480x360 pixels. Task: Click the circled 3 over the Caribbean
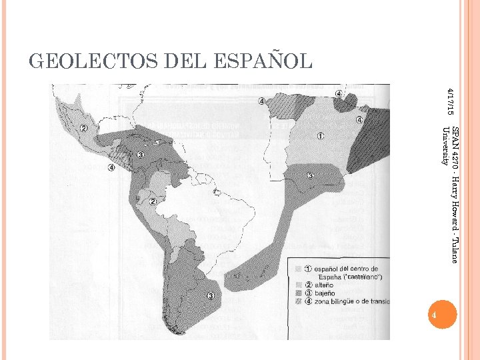coord(141,155)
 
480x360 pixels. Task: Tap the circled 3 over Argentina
coord(211,296)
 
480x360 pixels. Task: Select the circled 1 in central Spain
coord(321,137)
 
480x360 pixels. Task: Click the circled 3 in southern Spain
coord(310,176)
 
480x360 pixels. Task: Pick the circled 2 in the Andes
coord(153,201)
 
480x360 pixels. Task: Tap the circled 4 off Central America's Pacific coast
coord(111,167)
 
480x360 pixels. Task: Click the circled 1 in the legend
coord(308,269)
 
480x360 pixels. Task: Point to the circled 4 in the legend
coord(308,301)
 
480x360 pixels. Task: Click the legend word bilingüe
coord(346,301)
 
